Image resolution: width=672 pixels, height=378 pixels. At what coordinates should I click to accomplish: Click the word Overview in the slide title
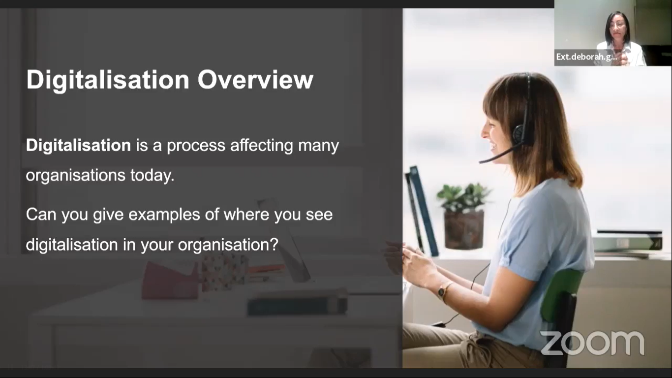pos(255,80)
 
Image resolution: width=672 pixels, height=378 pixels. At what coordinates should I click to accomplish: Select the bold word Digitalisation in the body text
pos(78,146)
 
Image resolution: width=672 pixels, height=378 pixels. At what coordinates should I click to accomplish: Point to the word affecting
pos(261,146)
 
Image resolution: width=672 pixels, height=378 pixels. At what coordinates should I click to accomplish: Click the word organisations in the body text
pos(76,175)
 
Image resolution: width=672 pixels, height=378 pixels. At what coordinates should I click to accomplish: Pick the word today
pos(152,176)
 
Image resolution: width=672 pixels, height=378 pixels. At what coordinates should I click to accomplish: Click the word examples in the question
pos(164,215)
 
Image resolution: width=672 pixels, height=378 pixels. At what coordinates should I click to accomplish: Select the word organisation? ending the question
pos(228,245)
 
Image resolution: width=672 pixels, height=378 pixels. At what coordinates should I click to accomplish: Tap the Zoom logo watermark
pos(592,343)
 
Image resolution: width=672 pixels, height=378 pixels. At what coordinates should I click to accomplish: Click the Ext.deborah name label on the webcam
pos(586,57)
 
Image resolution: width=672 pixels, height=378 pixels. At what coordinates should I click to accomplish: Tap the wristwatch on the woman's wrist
pos(442,291)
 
